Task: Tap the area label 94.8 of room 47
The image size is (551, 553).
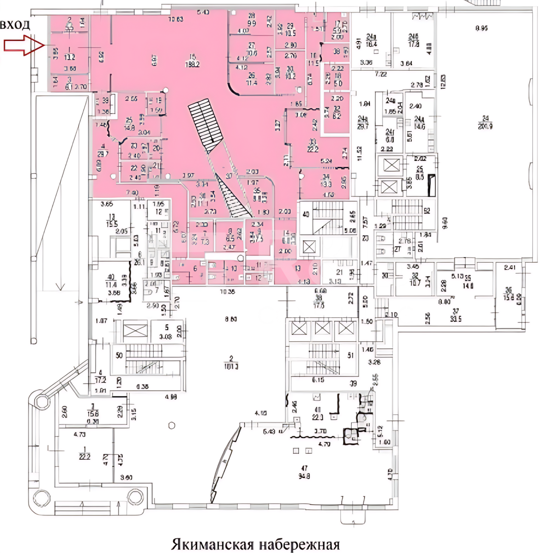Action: (304, 476)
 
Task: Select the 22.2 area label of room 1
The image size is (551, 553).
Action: (84, 456)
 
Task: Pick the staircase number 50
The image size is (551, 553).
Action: (119, 355)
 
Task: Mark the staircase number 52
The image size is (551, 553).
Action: (427, 211)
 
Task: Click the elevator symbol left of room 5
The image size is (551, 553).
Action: (135, 331)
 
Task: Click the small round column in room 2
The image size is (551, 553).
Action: (172, 425)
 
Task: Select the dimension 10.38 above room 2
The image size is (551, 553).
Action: (227, 291)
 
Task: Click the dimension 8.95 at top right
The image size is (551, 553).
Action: (481, 28)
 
